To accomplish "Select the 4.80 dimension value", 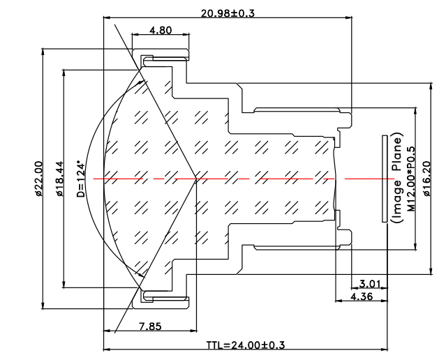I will [x=159, y=30].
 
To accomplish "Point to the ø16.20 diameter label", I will [x=436, y=179].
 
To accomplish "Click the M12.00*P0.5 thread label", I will [x=411, y=179].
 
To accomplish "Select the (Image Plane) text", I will [x=396, y=179].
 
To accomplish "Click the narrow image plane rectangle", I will [x=385, y=179].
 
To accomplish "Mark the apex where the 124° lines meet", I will [x=198, y=179].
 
